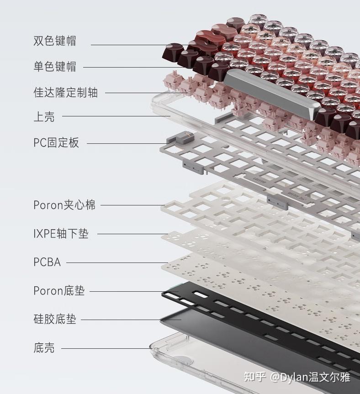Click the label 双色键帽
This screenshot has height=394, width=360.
click(x=54, y=41)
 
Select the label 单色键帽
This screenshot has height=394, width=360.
click(x=54, y=67)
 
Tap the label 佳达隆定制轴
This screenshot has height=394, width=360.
click(x=65, y=92)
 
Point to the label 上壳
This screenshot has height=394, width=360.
click(x=44, y=116)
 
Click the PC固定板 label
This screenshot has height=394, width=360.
click(x=56, y=142)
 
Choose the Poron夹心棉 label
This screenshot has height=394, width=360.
click(x=64, y=205)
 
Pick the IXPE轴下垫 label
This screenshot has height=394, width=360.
click(x=61, y=233)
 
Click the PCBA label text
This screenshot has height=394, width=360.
click(x=47, y=262)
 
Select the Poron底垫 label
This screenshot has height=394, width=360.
click(x=59, y=291)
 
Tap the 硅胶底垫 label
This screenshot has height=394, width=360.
click(x=54, y=319)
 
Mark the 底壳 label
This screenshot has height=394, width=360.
click(x=44, y=348)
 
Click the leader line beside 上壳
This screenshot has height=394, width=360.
click(x=116, y=116)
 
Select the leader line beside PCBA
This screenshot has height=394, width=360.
click(x=117, y=263)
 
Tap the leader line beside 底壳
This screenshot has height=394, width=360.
click(x=106, y=348)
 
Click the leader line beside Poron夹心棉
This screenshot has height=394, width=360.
click(x=133, y=205)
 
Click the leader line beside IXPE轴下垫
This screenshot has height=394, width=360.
click(x=132, y=234)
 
